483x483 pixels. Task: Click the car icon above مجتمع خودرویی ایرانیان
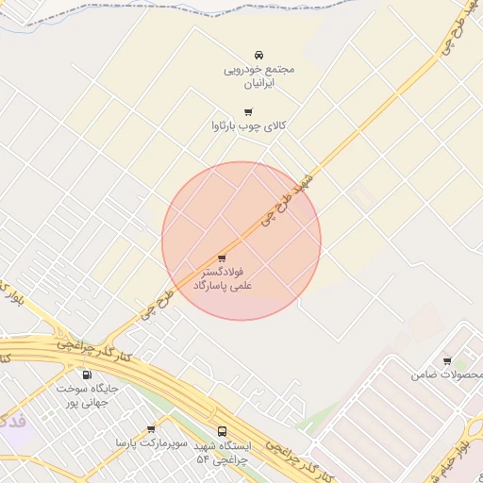pyautogui.click(x=259, y=55)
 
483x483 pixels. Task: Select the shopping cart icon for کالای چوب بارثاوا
pyautogui.click(x=248, y=111)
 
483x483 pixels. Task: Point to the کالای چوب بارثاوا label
pyautogui.click(x=249, y=125)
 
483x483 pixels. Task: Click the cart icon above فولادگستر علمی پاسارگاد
pyautogui.click(x=223, y=258)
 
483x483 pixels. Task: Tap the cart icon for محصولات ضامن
pyautogui.click(x=446, y=360)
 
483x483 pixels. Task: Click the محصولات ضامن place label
pyautogui.click(x=439, y=375)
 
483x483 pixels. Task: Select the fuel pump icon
pyautogui.click(x=88, y=375)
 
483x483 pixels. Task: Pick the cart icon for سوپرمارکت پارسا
pyautogui.click(x=151, y=429)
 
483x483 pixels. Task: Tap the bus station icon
pyautogui.click(x=223, y=432)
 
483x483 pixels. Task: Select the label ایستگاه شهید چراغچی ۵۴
pyautogui.click(x=223, y=452)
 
